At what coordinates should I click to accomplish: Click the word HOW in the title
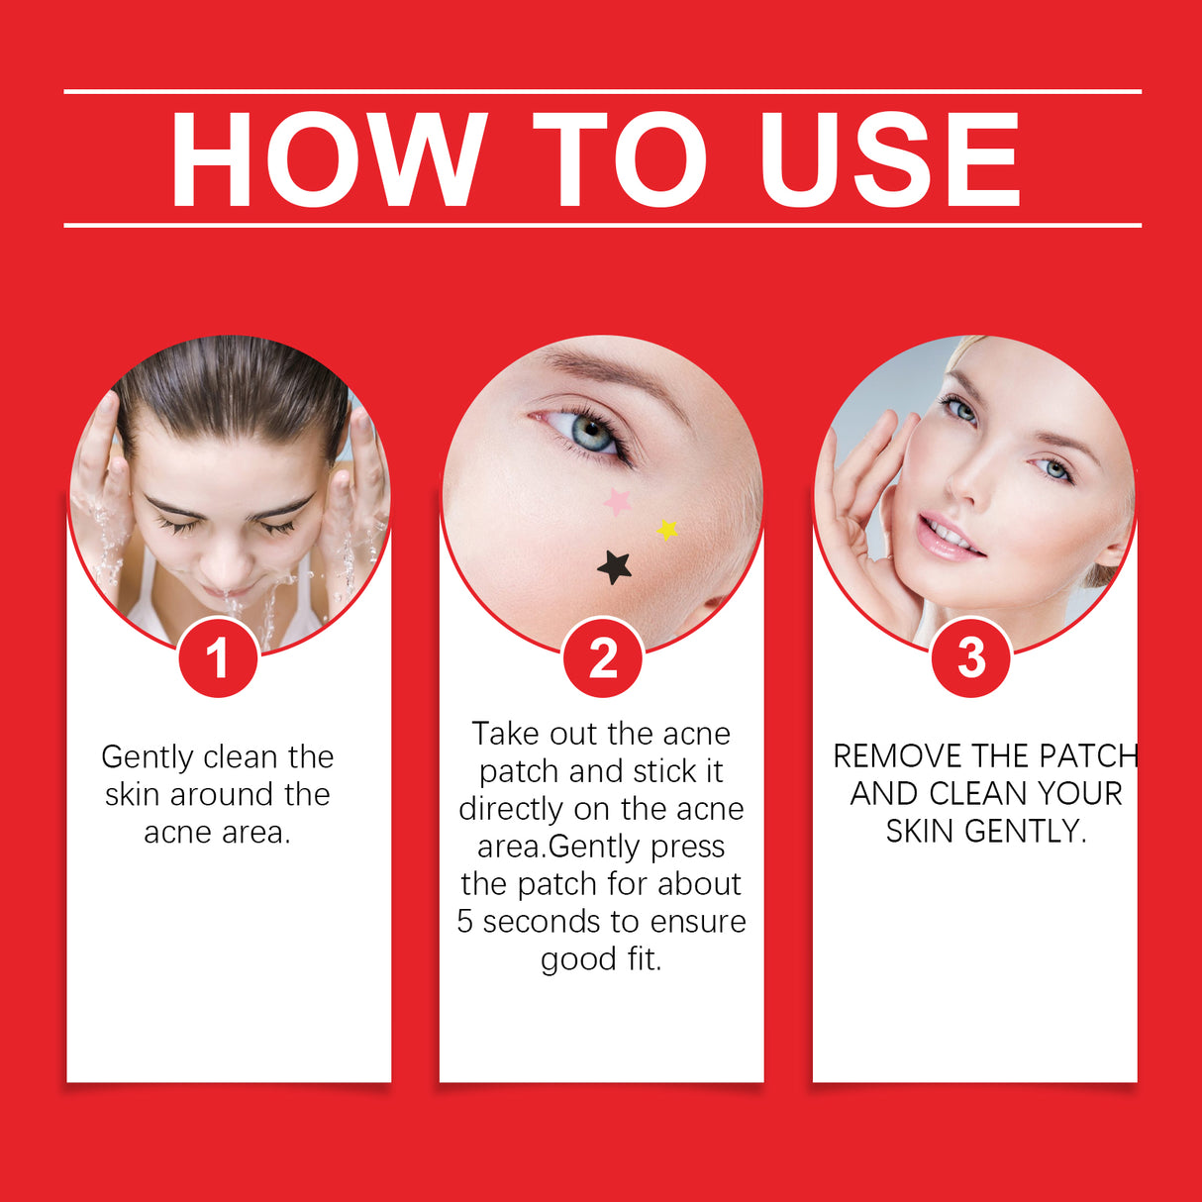[328, 159]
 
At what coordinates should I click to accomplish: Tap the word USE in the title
[888, 159]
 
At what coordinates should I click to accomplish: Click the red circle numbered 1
[218, 657]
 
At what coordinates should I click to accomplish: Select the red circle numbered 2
[602, 657]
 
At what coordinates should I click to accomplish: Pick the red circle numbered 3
[971, 657]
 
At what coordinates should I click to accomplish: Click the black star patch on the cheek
[615, 567]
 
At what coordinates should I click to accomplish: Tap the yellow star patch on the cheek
[667, 530]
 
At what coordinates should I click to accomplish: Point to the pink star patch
[618, 502]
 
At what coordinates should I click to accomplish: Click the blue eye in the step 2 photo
[591, 433]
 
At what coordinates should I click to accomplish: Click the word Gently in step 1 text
[149, 757]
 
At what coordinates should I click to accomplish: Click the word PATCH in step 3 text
[1088, 756]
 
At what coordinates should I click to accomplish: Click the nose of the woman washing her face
[227, 562]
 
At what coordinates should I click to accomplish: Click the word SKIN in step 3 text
[921, 832]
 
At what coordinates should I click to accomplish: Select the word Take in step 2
[506, 734]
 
